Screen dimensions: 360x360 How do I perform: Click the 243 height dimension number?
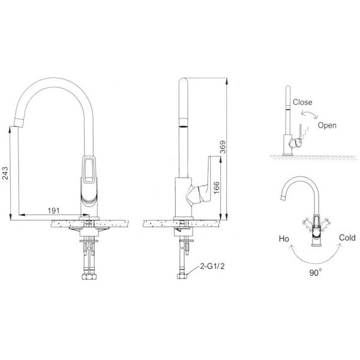pos(5,173)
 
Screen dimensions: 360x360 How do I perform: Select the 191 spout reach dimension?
pos(53,211)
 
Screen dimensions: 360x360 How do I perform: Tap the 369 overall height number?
pos(223,147)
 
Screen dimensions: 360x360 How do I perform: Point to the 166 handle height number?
pos(217,188)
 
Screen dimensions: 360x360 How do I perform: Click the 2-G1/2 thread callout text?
pos(212,266)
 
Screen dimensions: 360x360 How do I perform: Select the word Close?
pos(302,102)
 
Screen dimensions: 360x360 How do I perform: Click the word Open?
pos(327,125)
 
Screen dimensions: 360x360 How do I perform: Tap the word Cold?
pos(347,238)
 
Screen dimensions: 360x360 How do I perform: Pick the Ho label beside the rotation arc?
pos(284,239)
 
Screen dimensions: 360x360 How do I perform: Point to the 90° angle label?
pos(316,272)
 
